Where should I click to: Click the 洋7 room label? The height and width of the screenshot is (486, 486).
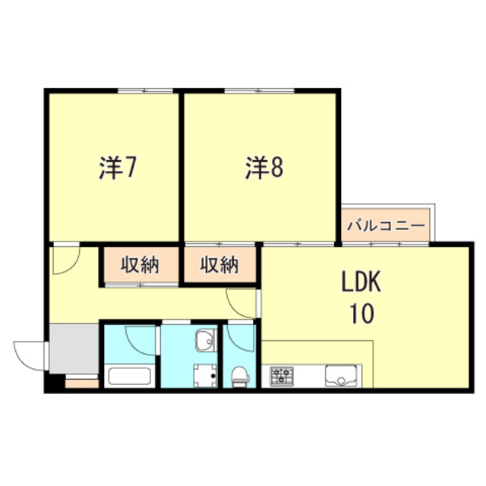click(118, 168)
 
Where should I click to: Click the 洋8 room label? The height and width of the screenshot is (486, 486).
click(264, 168)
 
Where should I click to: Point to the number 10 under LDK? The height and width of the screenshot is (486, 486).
click(361, 312)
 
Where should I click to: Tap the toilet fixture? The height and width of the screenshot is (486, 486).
click(240, 374)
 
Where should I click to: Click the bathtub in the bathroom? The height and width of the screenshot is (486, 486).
click(128, 375)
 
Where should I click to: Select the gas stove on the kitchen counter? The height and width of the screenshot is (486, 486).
click(282, 375)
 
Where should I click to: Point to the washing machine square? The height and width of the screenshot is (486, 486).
click(204, 375)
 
